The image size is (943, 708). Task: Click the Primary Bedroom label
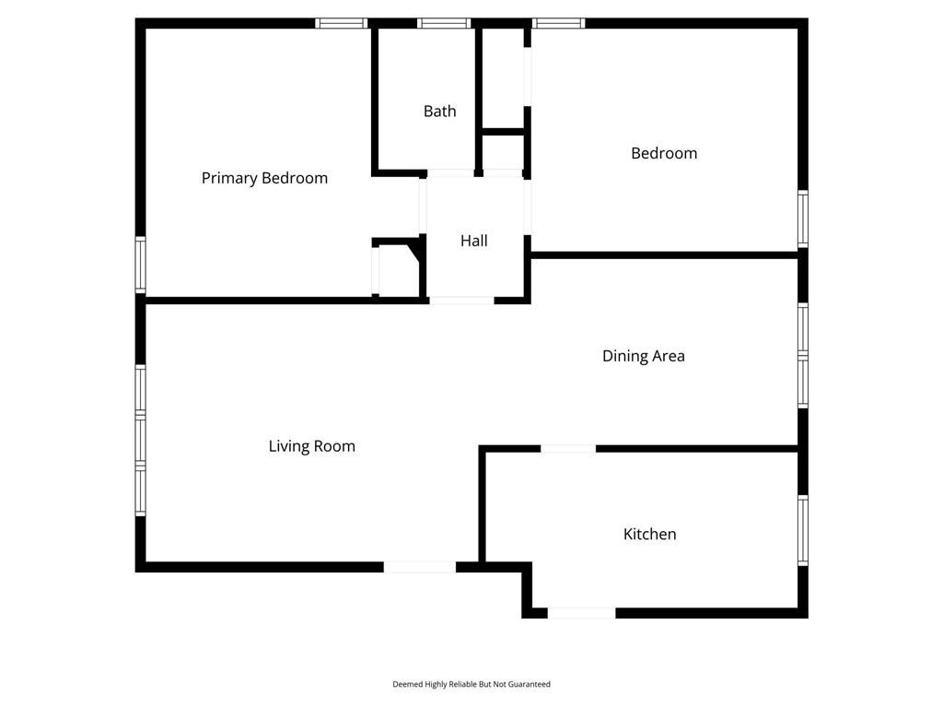264,178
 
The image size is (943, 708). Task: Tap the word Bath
439,112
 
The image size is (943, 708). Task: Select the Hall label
474,241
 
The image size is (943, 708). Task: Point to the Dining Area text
644,356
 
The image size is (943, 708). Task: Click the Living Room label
311,446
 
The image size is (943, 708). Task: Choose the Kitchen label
649,534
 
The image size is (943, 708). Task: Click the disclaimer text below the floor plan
471,684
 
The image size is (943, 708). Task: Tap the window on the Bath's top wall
445,23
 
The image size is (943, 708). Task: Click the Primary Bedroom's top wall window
342,23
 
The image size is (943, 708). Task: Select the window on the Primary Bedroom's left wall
141,265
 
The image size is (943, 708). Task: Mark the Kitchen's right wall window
803,530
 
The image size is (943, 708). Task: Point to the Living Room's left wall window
141,440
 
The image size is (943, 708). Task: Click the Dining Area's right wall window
803,356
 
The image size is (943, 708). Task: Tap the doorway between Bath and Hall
450,173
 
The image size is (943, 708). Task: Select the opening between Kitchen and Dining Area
568,449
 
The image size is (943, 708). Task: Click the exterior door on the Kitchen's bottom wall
582,613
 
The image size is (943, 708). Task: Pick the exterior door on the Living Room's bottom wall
420,567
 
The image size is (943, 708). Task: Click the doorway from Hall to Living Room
462,301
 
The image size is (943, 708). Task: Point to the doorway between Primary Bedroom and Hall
423,206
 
